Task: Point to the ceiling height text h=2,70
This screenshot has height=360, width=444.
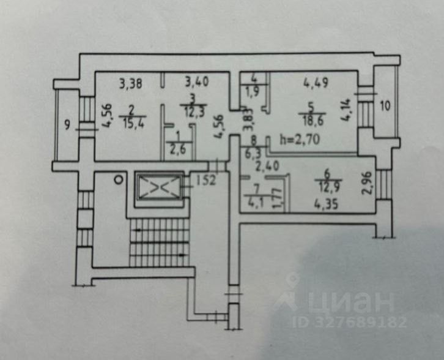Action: click(x=303, y=139)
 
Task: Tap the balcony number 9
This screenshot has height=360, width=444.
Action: click(x=68, y=127)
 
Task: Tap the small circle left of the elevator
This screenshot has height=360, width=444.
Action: click(x=118, y=180)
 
